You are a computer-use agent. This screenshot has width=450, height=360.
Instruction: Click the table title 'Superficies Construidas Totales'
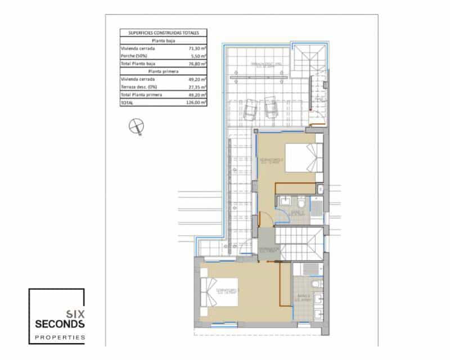click(x=164, y=33)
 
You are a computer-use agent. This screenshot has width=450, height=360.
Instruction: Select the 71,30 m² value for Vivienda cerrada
click(x=195, y=48)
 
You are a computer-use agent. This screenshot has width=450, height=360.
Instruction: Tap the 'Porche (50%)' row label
click(x=134, y=56)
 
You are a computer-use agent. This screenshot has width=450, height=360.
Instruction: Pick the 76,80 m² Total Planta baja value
click(x=195, y=64)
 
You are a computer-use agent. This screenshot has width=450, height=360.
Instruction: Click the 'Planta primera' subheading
click(x=164, y=72)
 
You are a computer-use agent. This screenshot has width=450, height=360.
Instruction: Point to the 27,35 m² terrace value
click(x=195, y=88)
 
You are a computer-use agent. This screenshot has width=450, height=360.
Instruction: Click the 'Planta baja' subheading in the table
click(x=164, y=40)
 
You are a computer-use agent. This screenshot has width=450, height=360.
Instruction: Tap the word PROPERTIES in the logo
click(x=57, y=337)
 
